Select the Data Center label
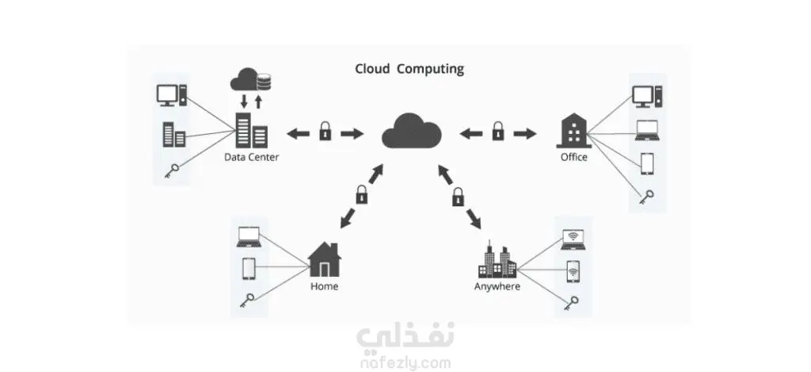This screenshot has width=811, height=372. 251,157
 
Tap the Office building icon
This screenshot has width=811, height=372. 573,132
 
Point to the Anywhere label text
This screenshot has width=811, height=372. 497,286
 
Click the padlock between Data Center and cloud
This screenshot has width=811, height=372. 325,132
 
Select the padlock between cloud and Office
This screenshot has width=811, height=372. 497,132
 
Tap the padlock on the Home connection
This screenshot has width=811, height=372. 361,195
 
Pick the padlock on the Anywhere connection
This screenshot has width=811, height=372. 459,197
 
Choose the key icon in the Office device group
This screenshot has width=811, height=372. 646,198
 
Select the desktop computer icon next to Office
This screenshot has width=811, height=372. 647,96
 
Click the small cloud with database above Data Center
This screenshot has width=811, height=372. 251,80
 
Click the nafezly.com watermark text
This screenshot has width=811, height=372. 404,362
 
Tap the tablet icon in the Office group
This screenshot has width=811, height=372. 647,164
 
